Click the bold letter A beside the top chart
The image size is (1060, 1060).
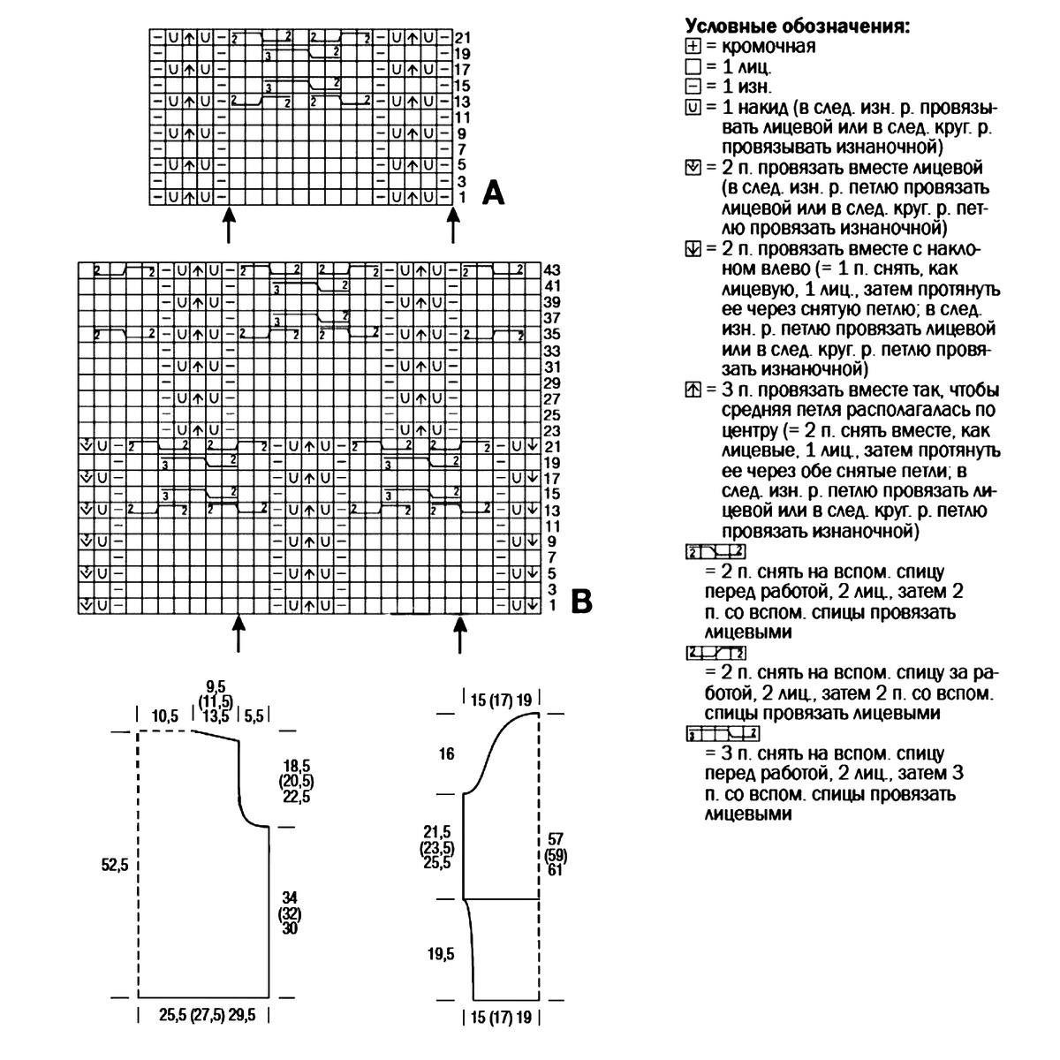pos(493,192)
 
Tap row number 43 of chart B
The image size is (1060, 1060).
pos(553,269)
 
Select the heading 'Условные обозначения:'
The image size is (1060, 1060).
pos(798,26)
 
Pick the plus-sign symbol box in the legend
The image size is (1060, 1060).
pos(692,46)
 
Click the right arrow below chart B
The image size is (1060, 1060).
pos(459,635)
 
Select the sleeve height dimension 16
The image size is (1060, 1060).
pos(445,753)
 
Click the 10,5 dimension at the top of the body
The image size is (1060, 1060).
pos(164,715)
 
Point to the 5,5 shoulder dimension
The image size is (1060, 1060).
pos(254,715)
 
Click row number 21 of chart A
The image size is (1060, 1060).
pos(464,39)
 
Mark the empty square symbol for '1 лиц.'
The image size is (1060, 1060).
pos(692,66)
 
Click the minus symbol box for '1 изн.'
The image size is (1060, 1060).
pos(692,87)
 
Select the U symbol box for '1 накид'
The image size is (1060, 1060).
pos(692,107)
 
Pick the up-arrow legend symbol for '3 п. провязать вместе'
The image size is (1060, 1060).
pos(692,390)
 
